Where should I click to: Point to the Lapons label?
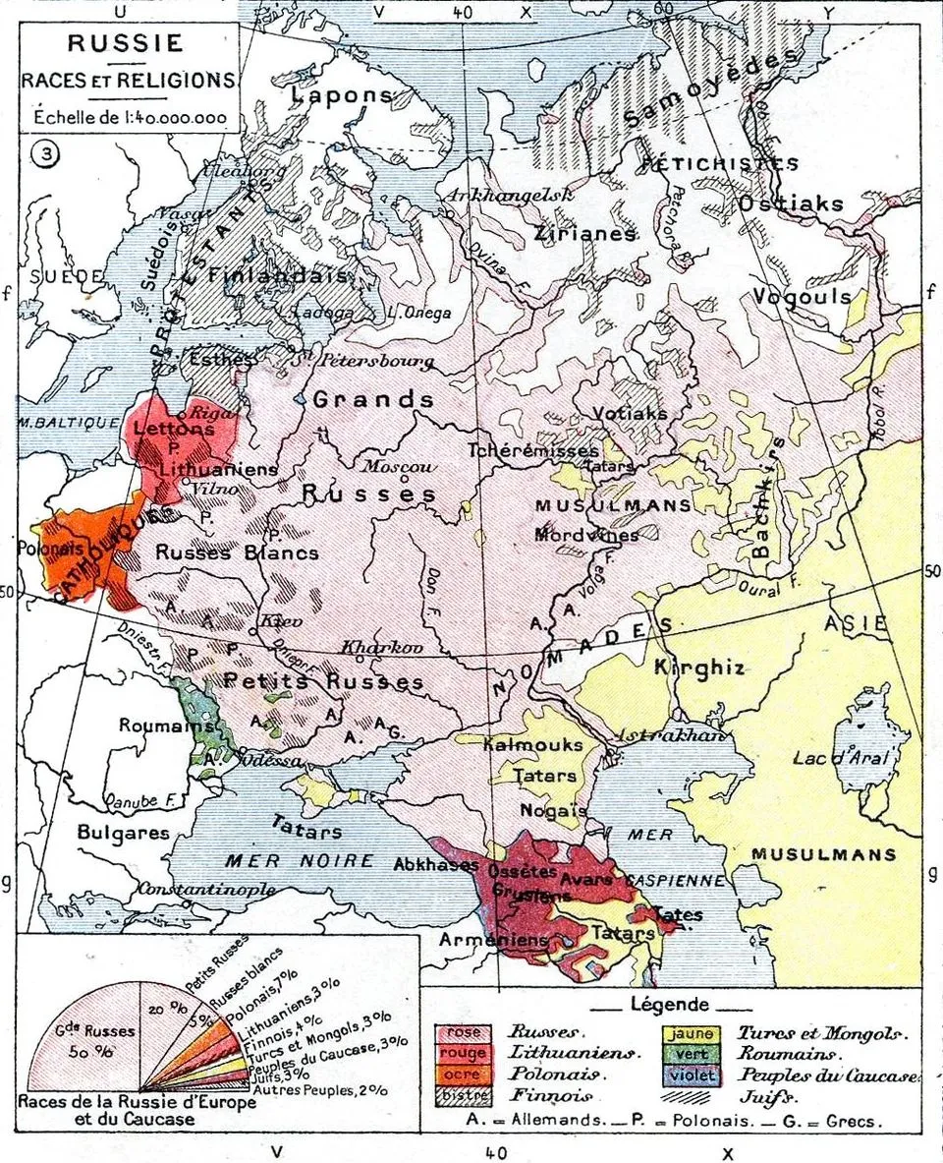coord(341,96)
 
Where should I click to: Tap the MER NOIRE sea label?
coord(300,861)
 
